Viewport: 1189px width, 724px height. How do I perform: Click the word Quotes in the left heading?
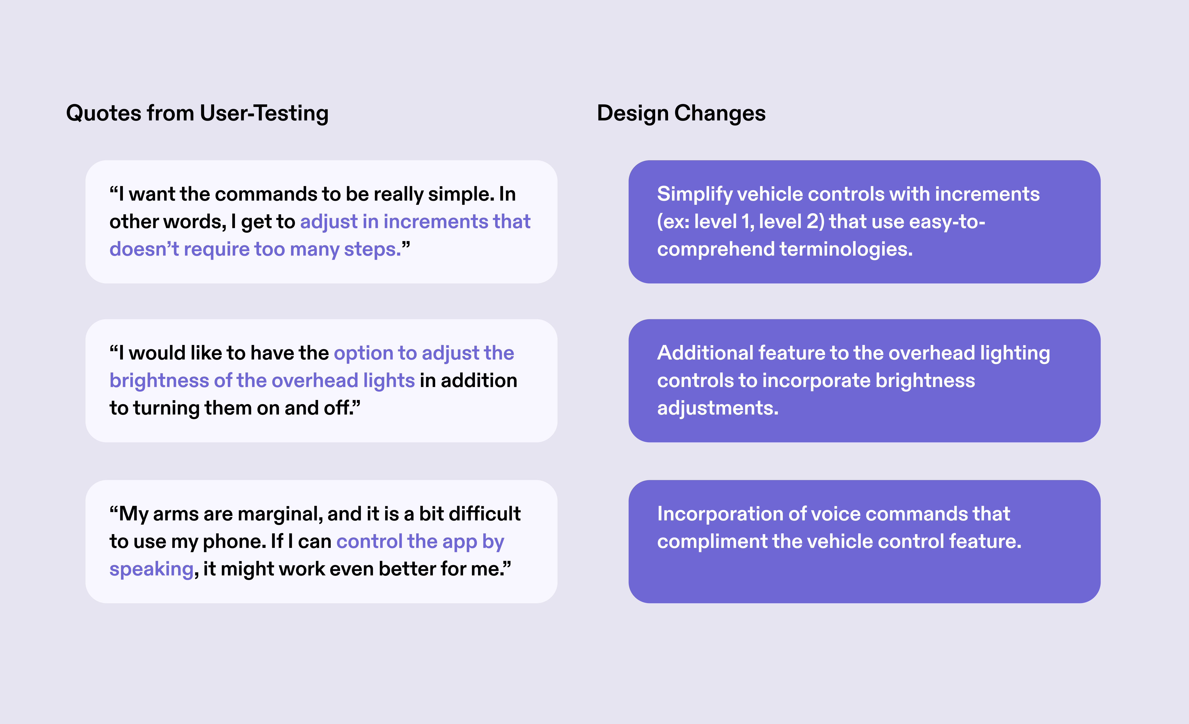coord(104,113)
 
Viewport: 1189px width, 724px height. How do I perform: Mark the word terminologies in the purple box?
coord(846,249)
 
